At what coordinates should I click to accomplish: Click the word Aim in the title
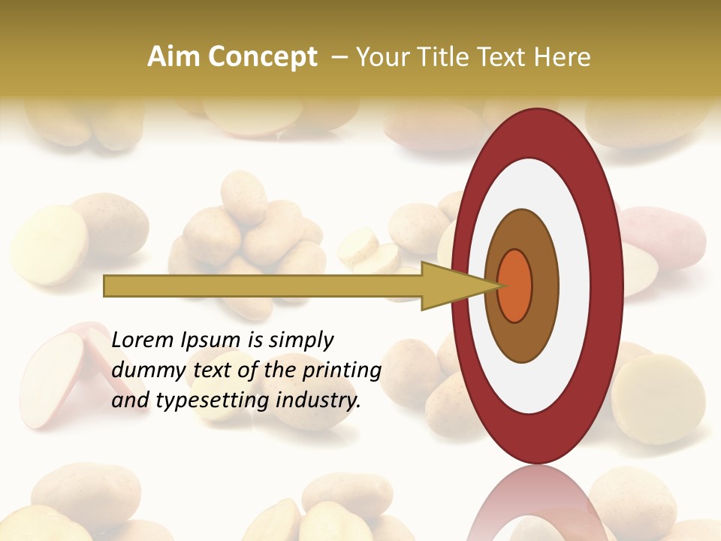tap(174, 57)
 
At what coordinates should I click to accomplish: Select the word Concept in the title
tap(262, 57)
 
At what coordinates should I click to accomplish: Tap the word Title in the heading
tap(449, 57)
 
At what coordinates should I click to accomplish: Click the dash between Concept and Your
tap(339, 57)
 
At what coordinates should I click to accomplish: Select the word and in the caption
tap(129, 400)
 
